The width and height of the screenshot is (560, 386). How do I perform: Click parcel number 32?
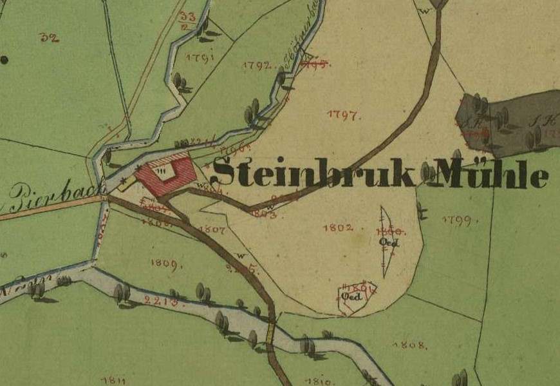[49, 38]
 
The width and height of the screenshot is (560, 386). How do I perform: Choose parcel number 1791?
[200, 57]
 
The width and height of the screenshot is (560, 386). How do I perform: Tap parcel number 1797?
[344, 115]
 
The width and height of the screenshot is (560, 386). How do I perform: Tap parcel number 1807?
[212, 229]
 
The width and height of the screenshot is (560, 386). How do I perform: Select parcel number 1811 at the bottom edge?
[113, 380]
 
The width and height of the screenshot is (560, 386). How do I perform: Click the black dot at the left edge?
[5, 60]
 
